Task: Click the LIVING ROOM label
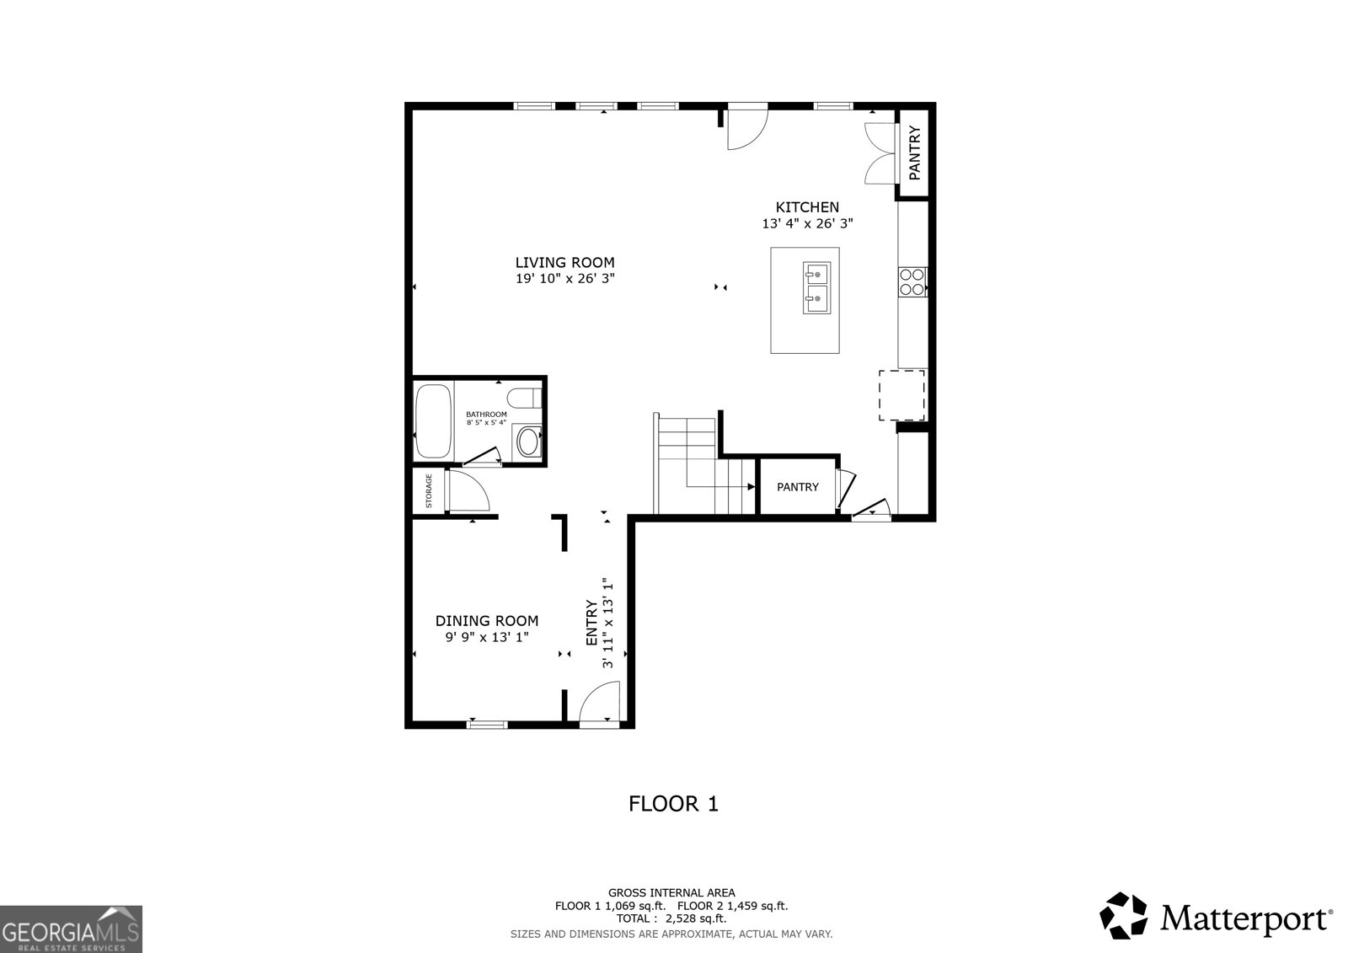(564, 262)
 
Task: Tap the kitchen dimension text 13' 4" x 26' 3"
(807, 224)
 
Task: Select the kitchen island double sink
(816, 287)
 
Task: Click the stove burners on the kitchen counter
(912, 281)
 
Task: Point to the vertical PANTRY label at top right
(914, 153)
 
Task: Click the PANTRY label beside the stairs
(797, 487)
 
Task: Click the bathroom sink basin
(528, 442)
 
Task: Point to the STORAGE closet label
(429, 490)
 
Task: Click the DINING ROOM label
(486, 621)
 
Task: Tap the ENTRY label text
(591, 623)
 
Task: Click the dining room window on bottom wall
(487, 723)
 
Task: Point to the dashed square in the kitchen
(901, 394)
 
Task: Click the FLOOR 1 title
(673, 804)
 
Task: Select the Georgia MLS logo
(71, 929)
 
